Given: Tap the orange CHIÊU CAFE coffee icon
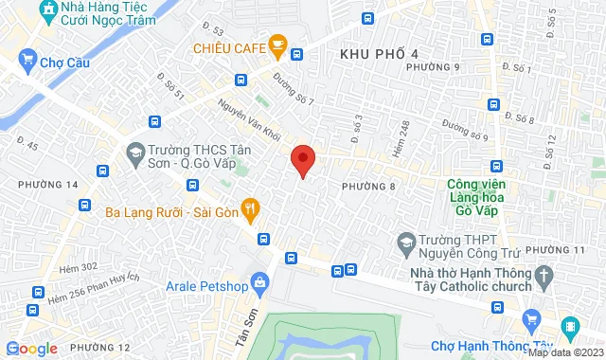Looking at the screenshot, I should [x=277, y=43].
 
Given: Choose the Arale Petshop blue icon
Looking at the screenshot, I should [x=259, y=280].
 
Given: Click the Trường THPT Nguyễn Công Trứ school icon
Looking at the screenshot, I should [x=406, y=243].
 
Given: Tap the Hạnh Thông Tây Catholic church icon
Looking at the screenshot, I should [x=544, y=276].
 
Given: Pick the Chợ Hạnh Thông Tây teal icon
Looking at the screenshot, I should [x=569, y=327].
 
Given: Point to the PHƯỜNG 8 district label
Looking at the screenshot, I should [x=367, y=187].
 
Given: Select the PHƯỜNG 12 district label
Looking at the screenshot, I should [x=98, y=347].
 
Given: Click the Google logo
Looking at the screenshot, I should [x=31, y=348].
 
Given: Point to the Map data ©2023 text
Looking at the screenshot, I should [x=565, y=352].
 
